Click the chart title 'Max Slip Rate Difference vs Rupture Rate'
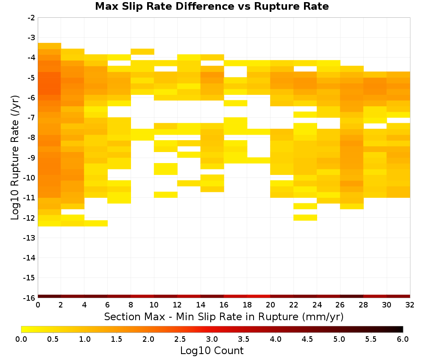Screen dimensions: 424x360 (x=212, y=6)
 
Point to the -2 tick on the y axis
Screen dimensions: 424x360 (x=31, y=18)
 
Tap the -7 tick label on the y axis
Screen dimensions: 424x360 (x=31, y=118)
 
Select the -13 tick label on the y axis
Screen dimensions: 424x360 (x=30, y=238)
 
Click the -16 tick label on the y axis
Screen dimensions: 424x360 (x=30, y=298)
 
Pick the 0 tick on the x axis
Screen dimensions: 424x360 (x=38, y=305)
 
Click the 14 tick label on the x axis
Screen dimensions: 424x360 (x=201, y=305)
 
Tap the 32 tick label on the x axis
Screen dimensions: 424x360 (x=410, y=305)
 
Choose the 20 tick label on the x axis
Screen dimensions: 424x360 (x=270, y=305)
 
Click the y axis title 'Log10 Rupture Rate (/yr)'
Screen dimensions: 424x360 (x=15, y=158)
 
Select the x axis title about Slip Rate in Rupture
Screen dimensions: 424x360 (x=224, y=316)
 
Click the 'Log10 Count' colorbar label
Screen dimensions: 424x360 (x=212, y=351)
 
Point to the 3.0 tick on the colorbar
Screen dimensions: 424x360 (x=212, y=339)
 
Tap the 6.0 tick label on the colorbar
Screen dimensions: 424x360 (x=403, y=339)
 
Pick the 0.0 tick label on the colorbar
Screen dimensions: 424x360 (x=21, y=339)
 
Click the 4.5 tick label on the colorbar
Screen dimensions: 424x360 (x=307, y=339)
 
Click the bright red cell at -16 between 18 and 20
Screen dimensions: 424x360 (x=259, y=296)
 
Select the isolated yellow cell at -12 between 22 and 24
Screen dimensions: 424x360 (x=305, y=217)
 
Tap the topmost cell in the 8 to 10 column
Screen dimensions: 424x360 (x=142, y=52)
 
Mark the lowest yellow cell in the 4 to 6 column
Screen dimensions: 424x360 (x=96, y=223)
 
